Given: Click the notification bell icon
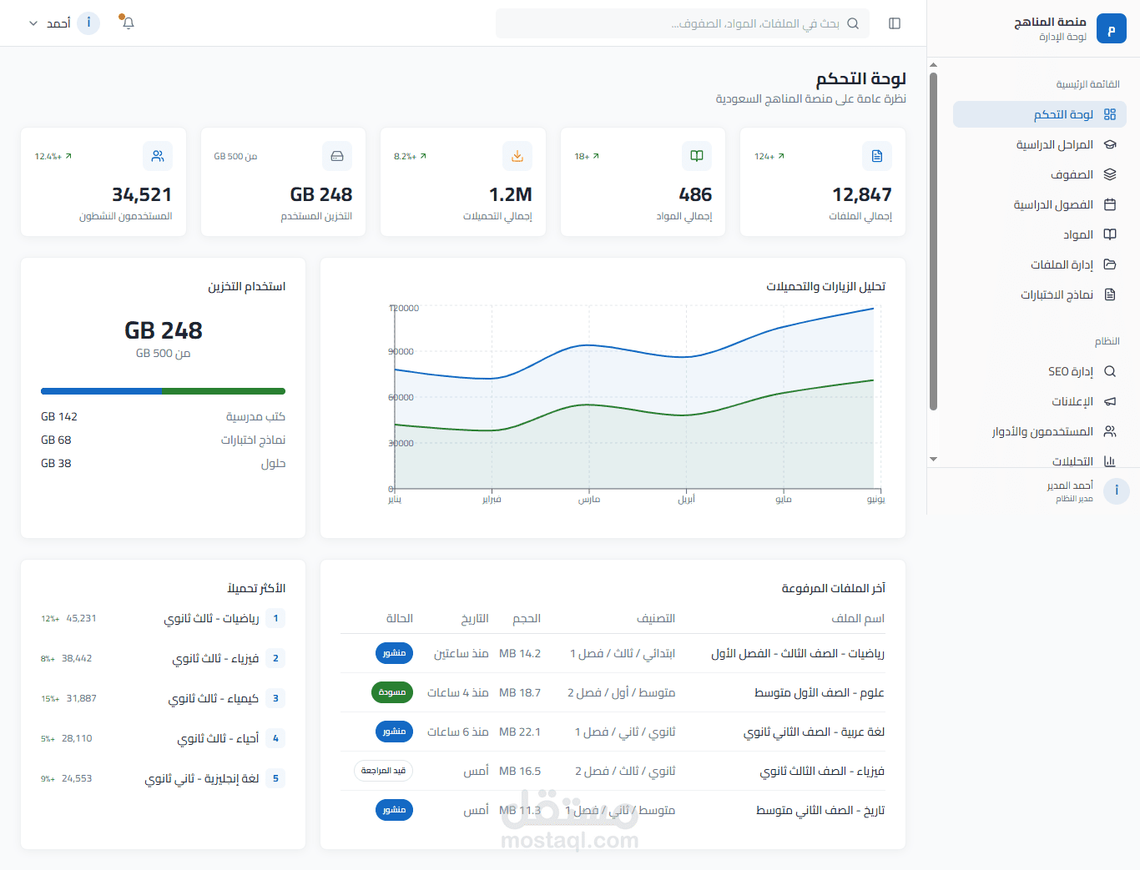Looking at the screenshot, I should (128, 23).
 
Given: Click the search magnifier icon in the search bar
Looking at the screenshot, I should (853, 23).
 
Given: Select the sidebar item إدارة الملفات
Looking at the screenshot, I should (1062, 264).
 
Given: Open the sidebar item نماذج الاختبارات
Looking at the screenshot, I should (1057, 294).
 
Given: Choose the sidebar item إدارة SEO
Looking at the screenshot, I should (1070, 371).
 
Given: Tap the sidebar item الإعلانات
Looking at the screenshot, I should (1072, 401).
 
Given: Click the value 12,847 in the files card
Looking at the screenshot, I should (861, 194).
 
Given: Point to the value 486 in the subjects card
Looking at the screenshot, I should (694, 194).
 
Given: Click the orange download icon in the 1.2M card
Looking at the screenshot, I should (517, 156).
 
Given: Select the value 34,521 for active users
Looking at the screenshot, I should (142, 194).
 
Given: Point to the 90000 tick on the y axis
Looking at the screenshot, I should (401, 352).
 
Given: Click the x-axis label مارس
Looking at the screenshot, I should (589, 500).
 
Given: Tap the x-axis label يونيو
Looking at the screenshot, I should (875, 500).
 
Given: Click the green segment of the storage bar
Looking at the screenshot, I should (224, 391).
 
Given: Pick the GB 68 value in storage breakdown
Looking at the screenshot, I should (56, 440).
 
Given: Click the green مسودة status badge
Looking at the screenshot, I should (392, 692).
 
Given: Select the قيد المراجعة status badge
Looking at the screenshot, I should (383, 771).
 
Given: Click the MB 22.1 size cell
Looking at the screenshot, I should (520, 732).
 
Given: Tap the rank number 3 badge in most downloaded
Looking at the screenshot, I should (275, 698).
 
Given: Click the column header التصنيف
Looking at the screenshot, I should (656, 618).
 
